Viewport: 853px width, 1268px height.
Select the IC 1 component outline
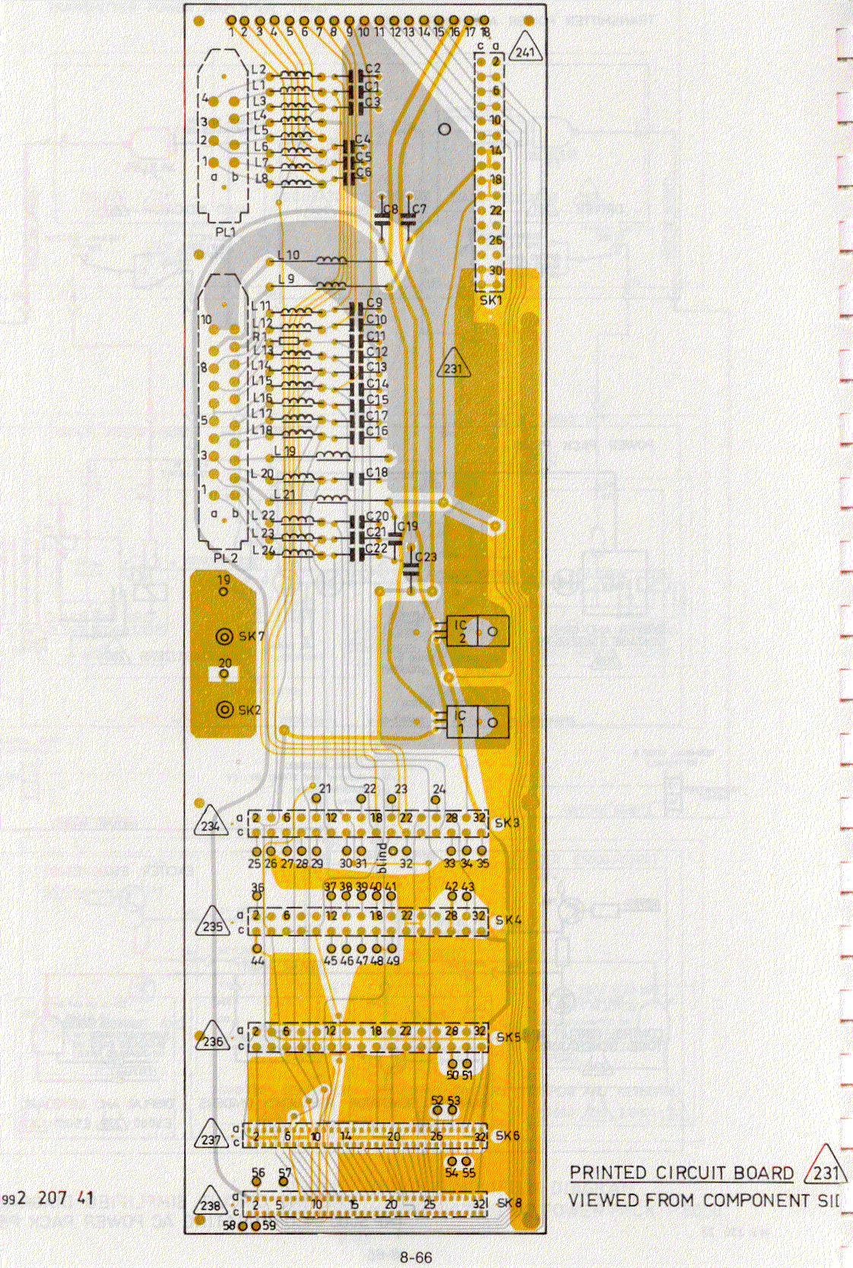pos(477,722)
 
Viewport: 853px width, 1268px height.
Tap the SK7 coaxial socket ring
pos(224,636)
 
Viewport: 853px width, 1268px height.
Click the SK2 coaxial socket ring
pos(224,709)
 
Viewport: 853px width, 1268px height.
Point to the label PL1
pos(225,232)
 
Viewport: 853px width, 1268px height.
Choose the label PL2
pos(225,557)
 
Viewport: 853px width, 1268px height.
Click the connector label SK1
pos(490,300)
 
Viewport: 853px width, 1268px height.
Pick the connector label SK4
pos(508,920)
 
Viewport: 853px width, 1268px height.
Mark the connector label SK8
pos(509,1203)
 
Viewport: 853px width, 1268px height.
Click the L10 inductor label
pos(288,255)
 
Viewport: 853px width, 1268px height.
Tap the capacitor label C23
pos(426,556)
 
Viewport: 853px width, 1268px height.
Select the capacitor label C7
pos(419,208)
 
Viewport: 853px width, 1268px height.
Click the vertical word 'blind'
pos(382,857)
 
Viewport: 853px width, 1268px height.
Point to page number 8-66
pos(416,1257)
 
